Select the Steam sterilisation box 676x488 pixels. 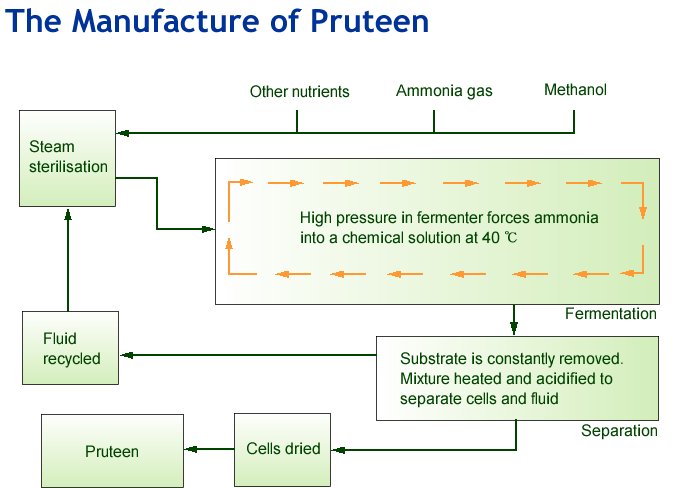point(68,157)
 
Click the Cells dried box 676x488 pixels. point(283,449)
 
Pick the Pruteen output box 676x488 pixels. point(111,451)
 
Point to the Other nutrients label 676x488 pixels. point(299,92)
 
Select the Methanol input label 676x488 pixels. point(575,90)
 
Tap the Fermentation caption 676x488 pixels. point(610,314)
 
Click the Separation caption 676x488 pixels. point(619,431)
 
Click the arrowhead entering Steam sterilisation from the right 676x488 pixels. point(122,133)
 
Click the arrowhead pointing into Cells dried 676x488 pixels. point(339,449)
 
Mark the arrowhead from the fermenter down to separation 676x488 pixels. point(514,327)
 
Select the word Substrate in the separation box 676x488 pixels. point(431,357)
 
